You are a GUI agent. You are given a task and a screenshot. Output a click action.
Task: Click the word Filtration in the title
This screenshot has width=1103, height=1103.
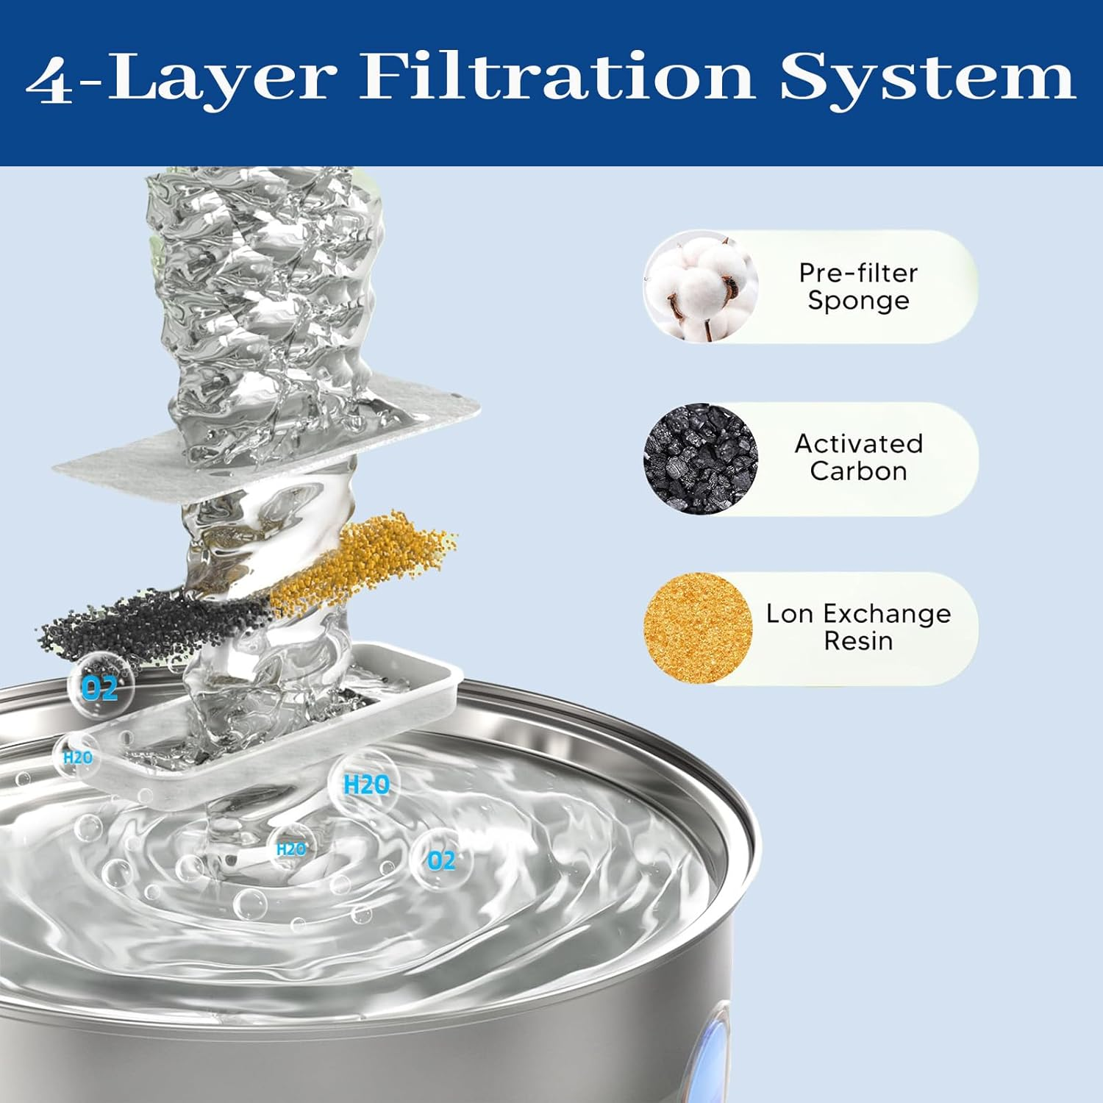[557, 77]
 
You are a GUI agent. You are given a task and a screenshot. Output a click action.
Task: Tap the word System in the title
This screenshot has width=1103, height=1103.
[928, 77]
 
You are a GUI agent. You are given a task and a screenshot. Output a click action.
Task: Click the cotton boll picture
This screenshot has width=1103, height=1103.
[700, 287]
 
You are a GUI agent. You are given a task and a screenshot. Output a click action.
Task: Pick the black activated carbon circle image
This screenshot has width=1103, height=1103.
[700, 458]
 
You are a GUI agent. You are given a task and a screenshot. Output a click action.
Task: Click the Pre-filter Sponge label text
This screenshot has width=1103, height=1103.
[858, 287]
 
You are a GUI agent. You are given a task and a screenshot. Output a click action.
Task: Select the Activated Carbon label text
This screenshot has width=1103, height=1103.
[858, 457]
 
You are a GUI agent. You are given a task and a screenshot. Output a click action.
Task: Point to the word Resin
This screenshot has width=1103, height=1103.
[858, 641]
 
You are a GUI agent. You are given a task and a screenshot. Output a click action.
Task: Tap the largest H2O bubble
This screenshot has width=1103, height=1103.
[365, 785]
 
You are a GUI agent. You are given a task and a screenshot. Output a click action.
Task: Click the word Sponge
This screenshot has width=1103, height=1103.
[858, 301]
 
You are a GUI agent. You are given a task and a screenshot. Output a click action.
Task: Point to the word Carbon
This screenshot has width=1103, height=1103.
[858, 471]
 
